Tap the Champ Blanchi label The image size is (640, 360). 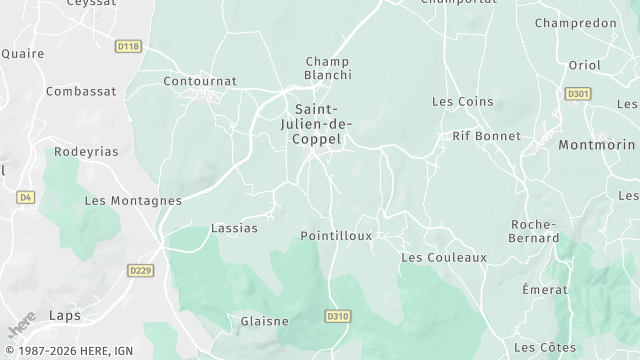tap(328, 68)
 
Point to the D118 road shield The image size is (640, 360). tap(128, 47)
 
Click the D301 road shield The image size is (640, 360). tap(578, 94)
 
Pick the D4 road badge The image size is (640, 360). tap(26, 197)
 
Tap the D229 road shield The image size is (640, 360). tap(140, 270)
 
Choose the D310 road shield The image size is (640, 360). tap(339, 316)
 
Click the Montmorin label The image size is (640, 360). tap(596, 144)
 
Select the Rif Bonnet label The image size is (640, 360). tap(487, 136)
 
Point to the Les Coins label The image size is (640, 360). tap(455, 102)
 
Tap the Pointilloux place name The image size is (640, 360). tap(336, 236)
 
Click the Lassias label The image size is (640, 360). tap(234, 228)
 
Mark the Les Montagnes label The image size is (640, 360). tap(133, 200)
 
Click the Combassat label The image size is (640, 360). tap(81, 91)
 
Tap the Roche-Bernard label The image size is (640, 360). tap(534, 231)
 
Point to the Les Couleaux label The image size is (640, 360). tap(443, 257)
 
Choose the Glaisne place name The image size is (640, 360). tap(265, 321)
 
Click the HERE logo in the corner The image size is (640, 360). tap(21, 325)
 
